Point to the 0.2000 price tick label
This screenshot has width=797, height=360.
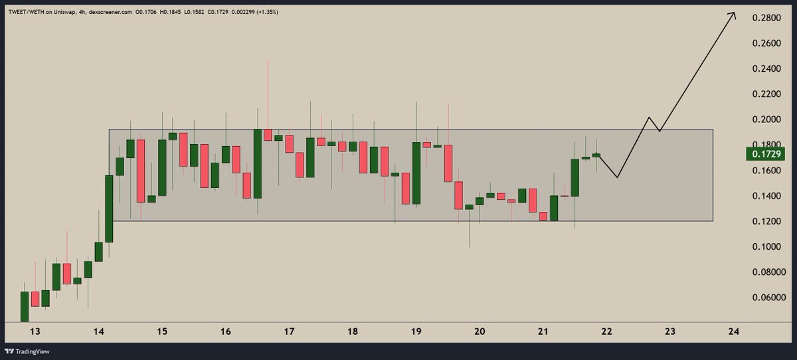pos(766,120)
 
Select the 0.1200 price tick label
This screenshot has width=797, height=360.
pos(766,221)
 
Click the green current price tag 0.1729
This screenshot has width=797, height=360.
pos(766,154)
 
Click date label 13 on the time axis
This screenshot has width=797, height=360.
pos(35,331)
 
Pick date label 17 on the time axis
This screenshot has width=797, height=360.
pos(289,331)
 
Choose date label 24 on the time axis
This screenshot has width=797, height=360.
pos(733,331)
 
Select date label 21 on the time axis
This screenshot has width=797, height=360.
pos(543,331)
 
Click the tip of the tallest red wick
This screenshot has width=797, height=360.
pos(268,60)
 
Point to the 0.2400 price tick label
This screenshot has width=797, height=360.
pos(766,68)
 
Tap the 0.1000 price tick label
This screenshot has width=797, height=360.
pos(766,246)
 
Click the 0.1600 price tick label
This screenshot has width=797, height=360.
pos(766,170)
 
